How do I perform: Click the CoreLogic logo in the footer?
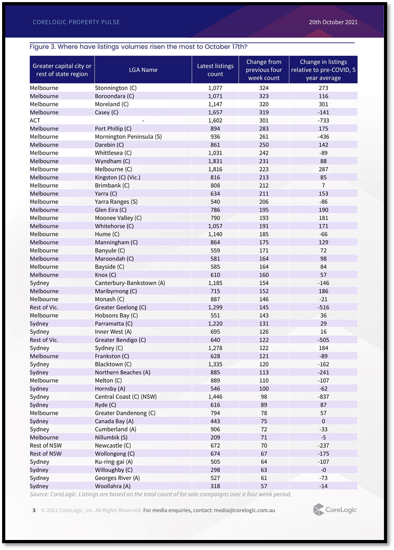point(335,510)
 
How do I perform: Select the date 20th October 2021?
point(333,22)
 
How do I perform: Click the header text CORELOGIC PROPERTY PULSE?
point(76,22)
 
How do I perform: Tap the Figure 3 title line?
point(138,47)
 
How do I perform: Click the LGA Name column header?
point(143,70)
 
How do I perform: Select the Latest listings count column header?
point(215,70)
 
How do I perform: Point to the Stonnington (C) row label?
point(111,88)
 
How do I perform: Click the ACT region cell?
point(35,120)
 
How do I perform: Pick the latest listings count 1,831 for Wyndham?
point(215,161)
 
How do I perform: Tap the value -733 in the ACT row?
point(323,120)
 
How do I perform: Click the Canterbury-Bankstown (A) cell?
point(129,283)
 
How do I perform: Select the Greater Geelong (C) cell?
point(120,307)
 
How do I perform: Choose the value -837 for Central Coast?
point(323,397)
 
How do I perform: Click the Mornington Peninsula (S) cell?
point(128,137)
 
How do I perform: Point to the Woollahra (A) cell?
point(112,486)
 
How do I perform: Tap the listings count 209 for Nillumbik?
point(215,437)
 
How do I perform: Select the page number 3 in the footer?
point(34,510)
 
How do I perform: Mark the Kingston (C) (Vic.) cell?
point(117,177)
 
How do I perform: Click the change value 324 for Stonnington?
point(264,88)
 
